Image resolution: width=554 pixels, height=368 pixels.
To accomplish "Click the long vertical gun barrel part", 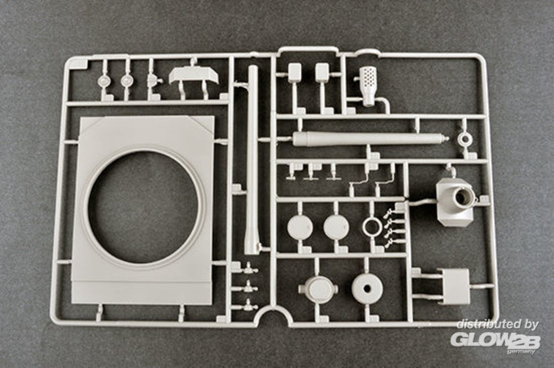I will click(253, 161).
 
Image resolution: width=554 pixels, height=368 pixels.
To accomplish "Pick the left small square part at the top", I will click(295, 73).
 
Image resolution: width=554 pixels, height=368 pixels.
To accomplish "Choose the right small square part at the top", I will click(322, 73).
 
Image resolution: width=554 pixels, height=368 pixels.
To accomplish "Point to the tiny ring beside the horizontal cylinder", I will click(464, 139).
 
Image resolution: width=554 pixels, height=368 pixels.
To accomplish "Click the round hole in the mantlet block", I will click(464, 196).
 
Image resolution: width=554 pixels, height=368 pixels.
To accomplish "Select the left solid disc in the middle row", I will click(300, 227).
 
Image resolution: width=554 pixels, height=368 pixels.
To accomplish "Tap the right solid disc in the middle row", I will click(336, 227).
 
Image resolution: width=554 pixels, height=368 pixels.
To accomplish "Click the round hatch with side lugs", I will click(318, 289).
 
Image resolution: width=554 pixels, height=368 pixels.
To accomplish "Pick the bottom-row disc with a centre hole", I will click(367, 289).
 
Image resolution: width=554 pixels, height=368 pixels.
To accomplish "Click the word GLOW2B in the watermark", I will click(493, 339).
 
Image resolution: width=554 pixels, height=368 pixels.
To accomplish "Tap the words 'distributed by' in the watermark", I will click(497, 325).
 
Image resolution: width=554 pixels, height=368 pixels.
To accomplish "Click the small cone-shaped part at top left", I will click(153, 81).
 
